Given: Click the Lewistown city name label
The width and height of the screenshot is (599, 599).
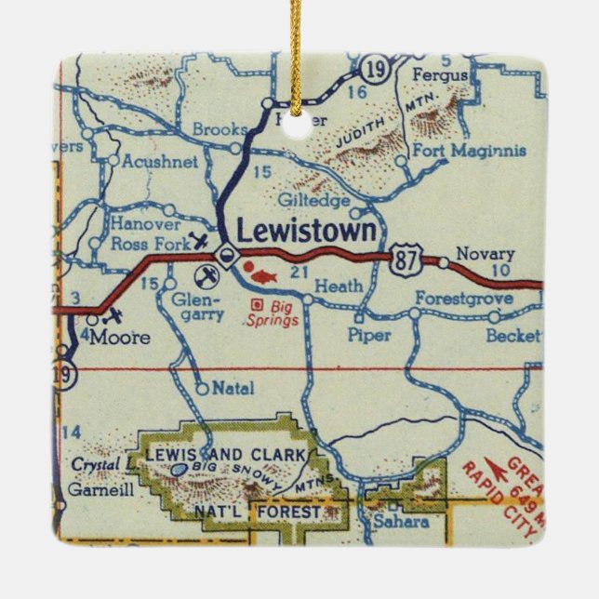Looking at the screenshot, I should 308,230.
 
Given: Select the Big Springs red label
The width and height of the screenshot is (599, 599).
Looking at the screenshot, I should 273,314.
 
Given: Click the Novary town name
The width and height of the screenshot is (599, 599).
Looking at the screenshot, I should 477,254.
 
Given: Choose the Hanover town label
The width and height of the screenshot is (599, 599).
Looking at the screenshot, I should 144,224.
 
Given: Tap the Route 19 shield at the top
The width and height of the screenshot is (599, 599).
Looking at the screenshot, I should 376,71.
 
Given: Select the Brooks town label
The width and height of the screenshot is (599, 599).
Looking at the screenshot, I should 220,129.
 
